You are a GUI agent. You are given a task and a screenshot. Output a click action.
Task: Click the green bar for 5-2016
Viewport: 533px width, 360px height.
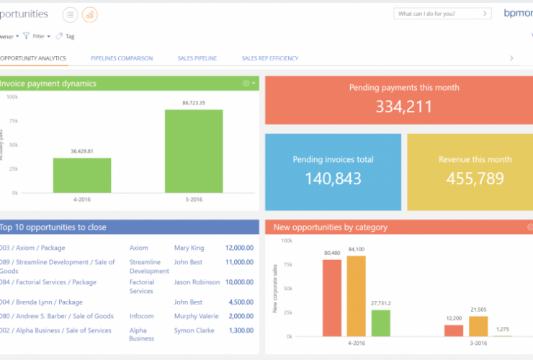tap(194, 151)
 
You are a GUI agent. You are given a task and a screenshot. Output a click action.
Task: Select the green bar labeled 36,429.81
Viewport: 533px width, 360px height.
tap(81, 175)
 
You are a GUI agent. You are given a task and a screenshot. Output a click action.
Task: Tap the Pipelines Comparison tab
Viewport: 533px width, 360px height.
tap(122, 58)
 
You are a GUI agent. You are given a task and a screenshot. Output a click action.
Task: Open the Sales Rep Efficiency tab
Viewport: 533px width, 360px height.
tap(269, 58)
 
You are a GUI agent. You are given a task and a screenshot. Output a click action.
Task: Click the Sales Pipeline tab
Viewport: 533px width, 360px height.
tap(197, 58)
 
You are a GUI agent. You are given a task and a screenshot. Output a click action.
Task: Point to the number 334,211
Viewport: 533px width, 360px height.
tap(403, 107)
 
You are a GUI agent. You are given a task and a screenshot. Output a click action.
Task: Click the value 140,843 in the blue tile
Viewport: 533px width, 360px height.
tap(333, 179)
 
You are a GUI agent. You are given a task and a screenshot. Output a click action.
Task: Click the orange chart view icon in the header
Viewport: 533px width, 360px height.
tap(90, 14)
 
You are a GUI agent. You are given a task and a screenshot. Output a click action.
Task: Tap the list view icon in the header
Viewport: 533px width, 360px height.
tap(70, 14)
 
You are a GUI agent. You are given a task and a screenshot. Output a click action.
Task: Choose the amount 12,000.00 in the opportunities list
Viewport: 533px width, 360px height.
tap(238, 248)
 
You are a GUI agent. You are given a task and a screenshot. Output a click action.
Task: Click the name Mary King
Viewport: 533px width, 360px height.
tap(189, 248)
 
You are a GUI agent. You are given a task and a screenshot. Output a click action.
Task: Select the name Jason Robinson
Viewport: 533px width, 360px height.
tap(196, 282)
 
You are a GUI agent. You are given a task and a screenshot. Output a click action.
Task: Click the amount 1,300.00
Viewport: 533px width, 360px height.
tap(240, 330)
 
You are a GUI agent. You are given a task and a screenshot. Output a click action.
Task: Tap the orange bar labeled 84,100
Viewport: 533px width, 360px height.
tap(357, 296)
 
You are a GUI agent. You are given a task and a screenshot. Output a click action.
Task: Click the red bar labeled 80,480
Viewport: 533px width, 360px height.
tap(332, 297)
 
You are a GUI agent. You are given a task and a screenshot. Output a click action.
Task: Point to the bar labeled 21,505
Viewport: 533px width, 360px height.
tap(478, 326)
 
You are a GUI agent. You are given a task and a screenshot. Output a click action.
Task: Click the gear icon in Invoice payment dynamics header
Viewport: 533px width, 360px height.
tap(246, 84)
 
